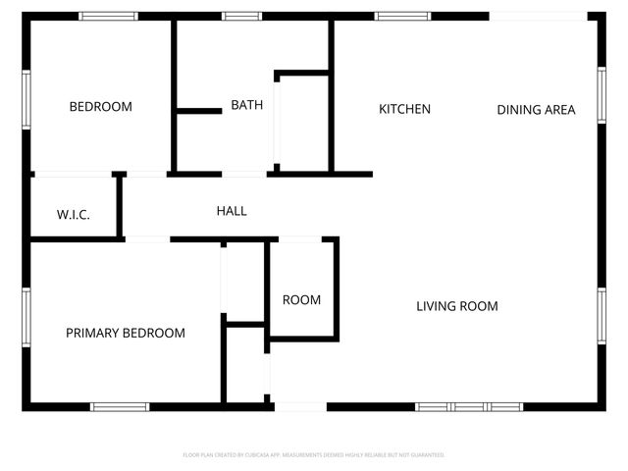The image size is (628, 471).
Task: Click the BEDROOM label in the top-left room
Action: [100, 107]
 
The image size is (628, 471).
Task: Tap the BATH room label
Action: [246, 105]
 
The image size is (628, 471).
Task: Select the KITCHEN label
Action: [404, 109]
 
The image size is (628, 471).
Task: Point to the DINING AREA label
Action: [536, 110]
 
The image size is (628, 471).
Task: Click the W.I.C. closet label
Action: [74, 214]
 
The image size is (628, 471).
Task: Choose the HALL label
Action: [232, 211]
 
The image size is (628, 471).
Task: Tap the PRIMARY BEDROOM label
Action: [126, 334]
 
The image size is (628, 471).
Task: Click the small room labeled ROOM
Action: [301, 300]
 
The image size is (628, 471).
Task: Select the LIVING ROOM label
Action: [457, 306]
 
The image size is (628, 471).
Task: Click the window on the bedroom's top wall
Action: [109, 16]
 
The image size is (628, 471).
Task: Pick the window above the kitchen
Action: [403, 16]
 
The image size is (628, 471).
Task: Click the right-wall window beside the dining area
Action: [602, 94]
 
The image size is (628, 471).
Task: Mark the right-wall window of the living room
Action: [602, 316]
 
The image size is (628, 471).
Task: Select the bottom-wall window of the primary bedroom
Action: [120, 405]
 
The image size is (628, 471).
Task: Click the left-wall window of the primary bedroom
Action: [26, 316]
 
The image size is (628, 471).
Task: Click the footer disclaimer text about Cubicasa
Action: [314, 455]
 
